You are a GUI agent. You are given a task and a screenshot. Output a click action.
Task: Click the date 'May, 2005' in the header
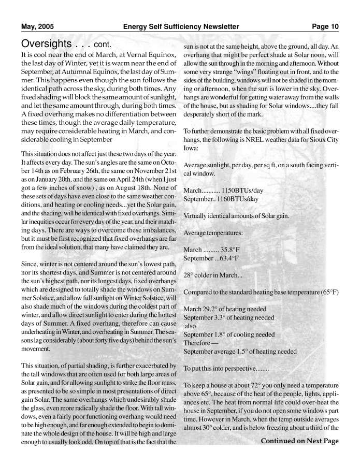37,27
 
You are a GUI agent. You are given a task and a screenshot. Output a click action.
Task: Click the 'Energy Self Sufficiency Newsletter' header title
181,27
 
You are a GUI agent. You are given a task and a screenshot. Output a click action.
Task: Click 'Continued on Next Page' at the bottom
300,441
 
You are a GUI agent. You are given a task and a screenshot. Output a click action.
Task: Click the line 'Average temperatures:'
212,233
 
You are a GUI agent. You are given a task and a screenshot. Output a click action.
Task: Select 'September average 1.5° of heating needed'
240,351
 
